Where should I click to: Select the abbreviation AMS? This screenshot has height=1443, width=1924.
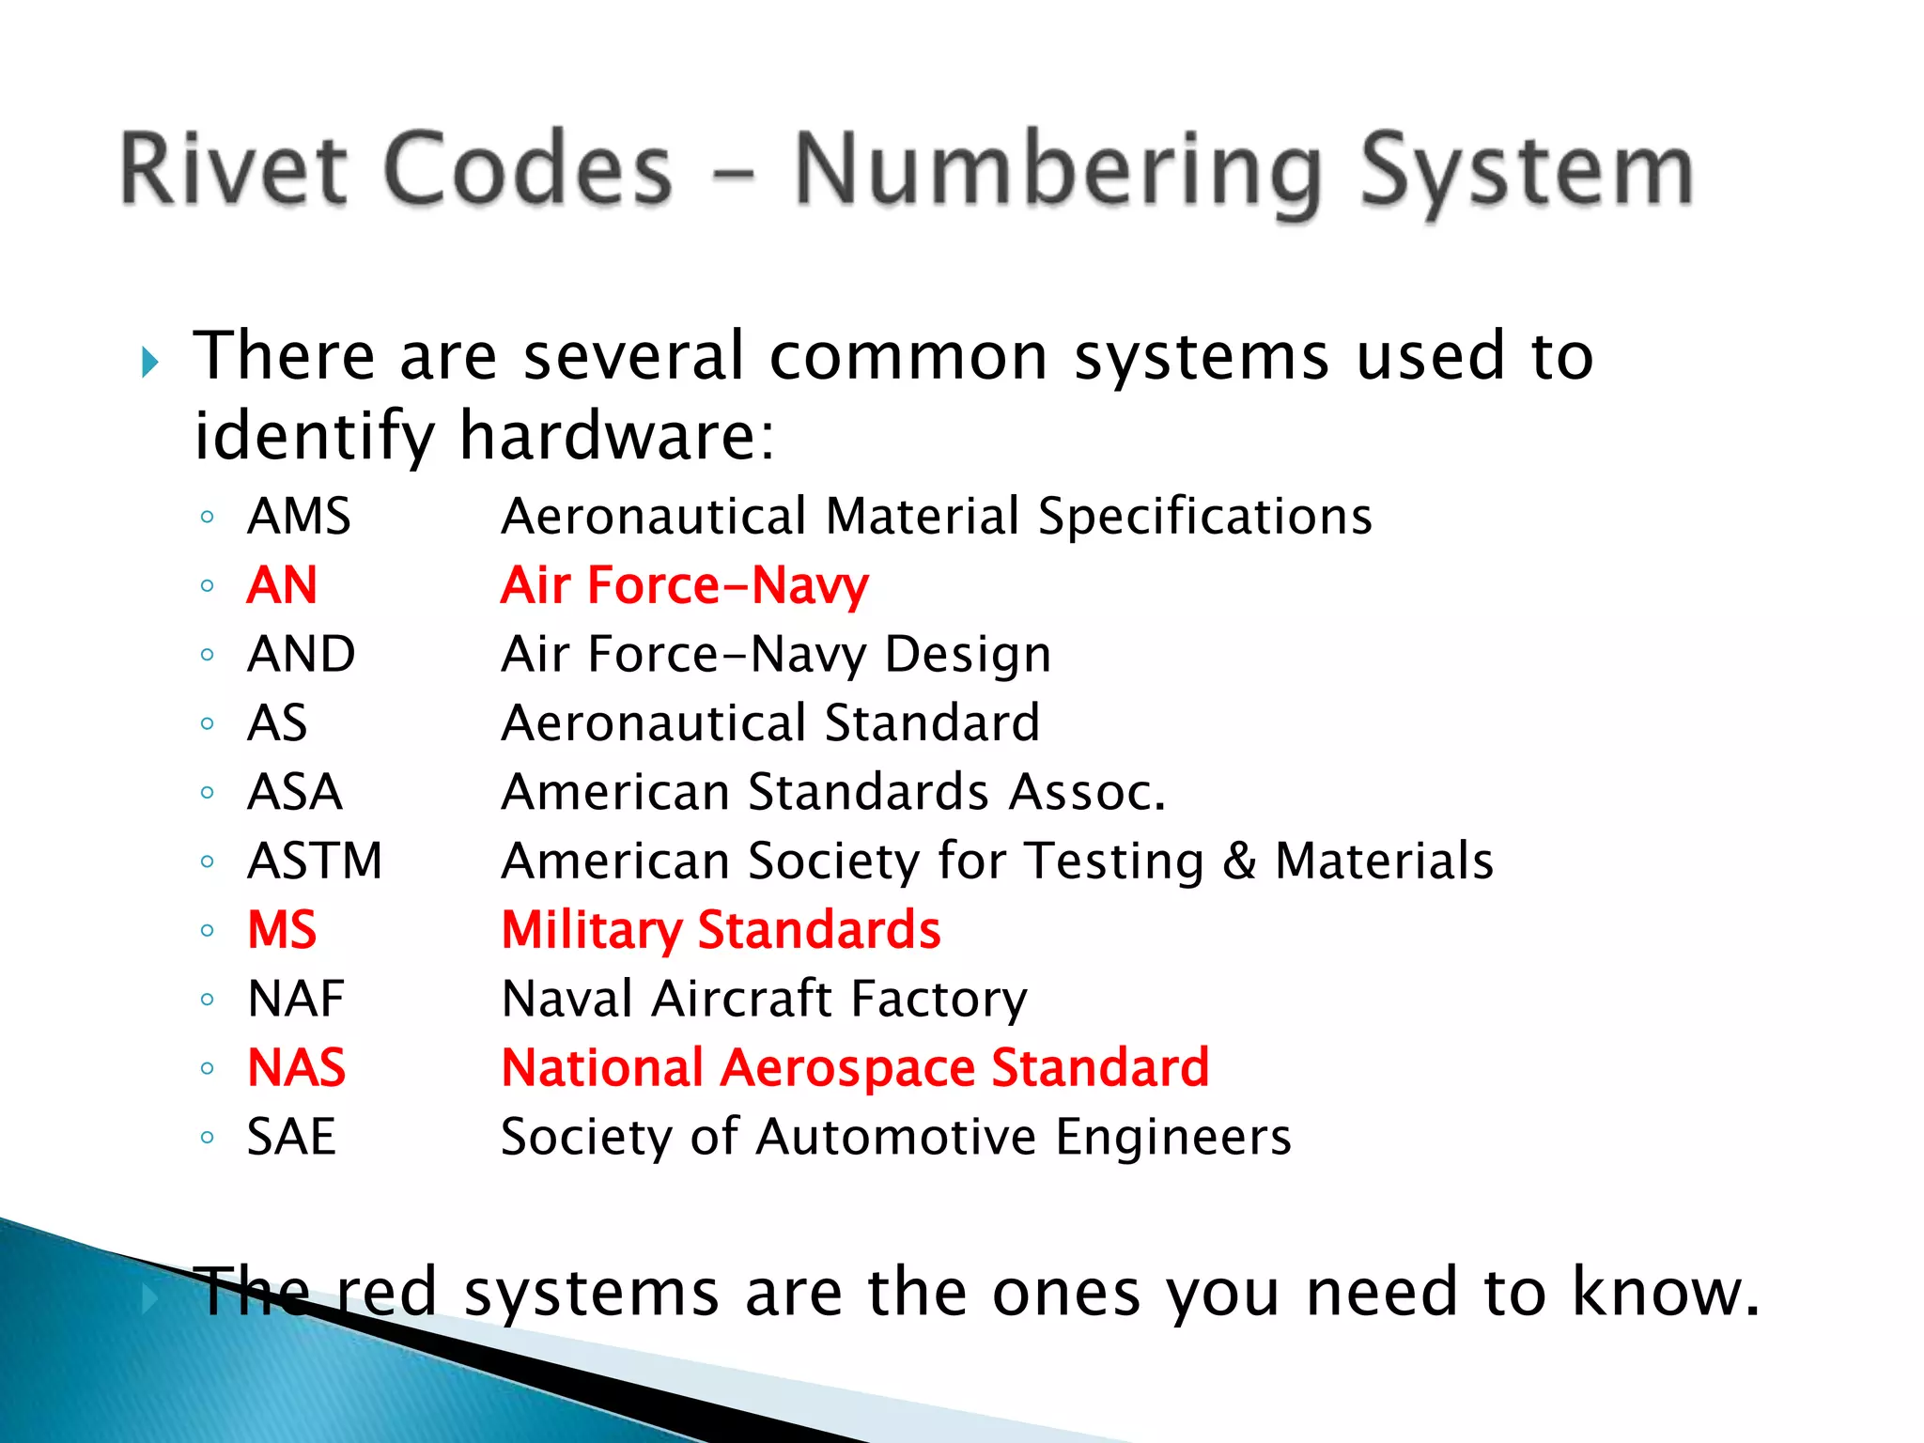(x=299, y=516)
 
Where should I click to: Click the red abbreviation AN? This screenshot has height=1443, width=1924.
(x=282, y=585)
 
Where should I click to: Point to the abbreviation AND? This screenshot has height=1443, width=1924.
(x=301, y=654)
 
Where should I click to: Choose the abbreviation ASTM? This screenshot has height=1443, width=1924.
(x=315, y=861)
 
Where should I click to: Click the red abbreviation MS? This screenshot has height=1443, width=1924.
(x=282, y=930)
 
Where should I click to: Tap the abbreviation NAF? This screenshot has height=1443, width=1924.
(x=296, y=999)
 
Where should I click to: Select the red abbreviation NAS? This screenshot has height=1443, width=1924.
(x=297, y=1068)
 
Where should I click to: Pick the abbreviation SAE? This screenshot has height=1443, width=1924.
(x=291, y=1137)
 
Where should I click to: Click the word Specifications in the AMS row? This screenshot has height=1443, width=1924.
(x=1205, y=518)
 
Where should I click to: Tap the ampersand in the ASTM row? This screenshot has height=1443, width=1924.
(x=1240, y=861)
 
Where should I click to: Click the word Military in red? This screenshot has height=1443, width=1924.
(x=592, y=931)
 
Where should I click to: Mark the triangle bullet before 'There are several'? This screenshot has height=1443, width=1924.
(x=150, y=362)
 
